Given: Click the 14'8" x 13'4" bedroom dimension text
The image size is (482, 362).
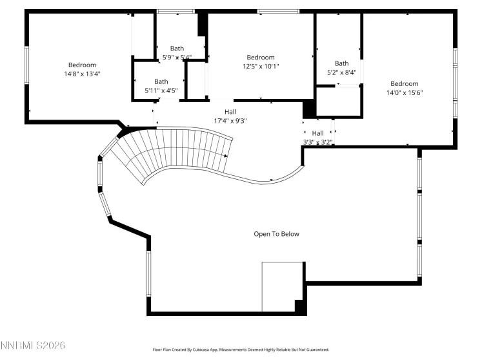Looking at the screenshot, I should [x=82, y=74].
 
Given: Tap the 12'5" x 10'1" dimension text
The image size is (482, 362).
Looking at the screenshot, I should [x=261, y=66].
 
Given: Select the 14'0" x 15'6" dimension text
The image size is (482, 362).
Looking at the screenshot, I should [x=404, y=92].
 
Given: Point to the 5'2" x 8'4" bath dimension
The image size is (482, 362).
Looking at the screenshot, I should [x=341, y=72].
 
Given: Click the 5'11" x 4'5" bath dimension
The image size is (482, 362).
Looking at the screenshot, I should [x=161, y=90].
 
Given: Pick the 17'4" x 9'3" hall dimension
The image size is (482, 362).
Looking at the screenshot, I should [x=230, y=120].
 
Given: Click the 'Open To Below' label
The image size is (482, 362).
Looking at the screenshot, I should [x=276, y=234].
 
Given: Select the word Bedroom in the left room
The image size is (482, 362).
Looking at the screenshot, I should [x=82, y=65].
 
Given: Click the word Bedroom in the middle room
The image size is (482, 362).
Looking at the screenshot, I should [x=261, y=57].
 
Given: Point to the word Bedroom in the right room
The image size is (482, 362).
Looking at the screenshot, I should [x=404, y=83].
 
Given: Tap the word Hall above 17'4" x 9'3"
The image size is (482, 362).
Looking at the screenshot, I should [x=230, y=111].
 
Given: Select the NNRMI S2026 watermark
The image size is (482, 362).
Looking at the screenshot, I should [x=33, y=346].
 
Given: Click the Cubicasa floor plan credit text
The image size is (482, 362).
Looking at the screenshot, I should [x=241, y=350].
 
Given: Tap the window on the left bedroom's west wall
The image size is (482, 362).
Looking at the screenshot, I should [x=26, y=65].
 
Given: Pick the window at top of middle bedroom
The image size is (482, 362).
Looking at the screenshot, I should [x=278, y=11].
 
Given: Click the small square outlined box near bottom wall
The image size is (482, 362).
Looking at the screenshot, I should [x=282, y=286].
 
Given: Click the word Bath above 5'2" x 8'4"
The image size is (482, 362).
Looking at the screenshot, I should [x=341, y=63].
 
